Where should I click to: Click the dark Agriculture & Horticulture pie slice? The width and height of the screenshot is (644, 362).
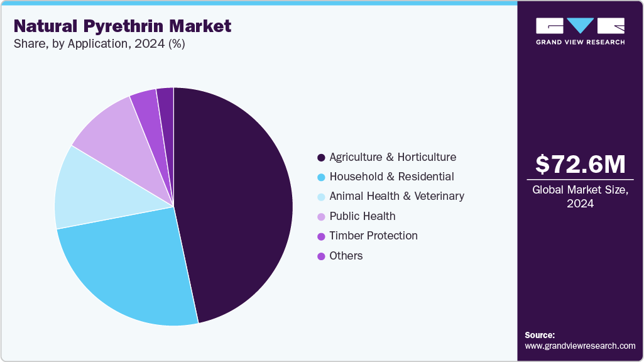coord(239,201)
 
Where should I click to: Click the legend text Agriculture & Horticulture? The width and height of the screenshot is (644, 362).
coord(393,157)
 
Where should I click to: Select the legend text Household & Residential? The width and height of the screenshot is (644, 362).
coord(391,177)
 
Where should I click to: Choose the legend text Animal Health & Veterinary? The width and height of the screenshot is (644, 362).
coord(396,196)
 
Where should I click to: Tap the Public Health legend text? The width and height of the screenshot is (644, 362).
coord(363,216)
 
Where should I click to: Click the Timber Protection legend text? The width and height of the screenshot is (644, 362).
coord(373,236)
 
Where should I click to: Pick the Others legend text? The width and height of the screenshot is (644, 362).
coord(346,256)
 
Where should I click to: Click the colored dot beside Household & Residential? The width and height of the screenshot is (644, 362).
coord(321,177)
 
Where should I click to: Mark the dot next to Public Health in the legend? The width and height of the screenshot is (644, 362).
coord(321,217)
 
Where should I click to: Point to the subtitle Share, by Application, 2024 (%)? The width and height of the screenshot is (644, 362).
coord(99,45)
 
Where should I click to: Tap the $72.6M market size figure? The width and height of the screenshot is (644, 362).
coord(580,165)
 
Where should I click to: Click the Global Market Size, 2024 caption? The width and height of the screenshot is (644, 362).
coord(580,197)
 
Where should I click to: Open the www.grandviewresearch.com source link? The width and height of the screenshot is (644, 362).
coord(580,346)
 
